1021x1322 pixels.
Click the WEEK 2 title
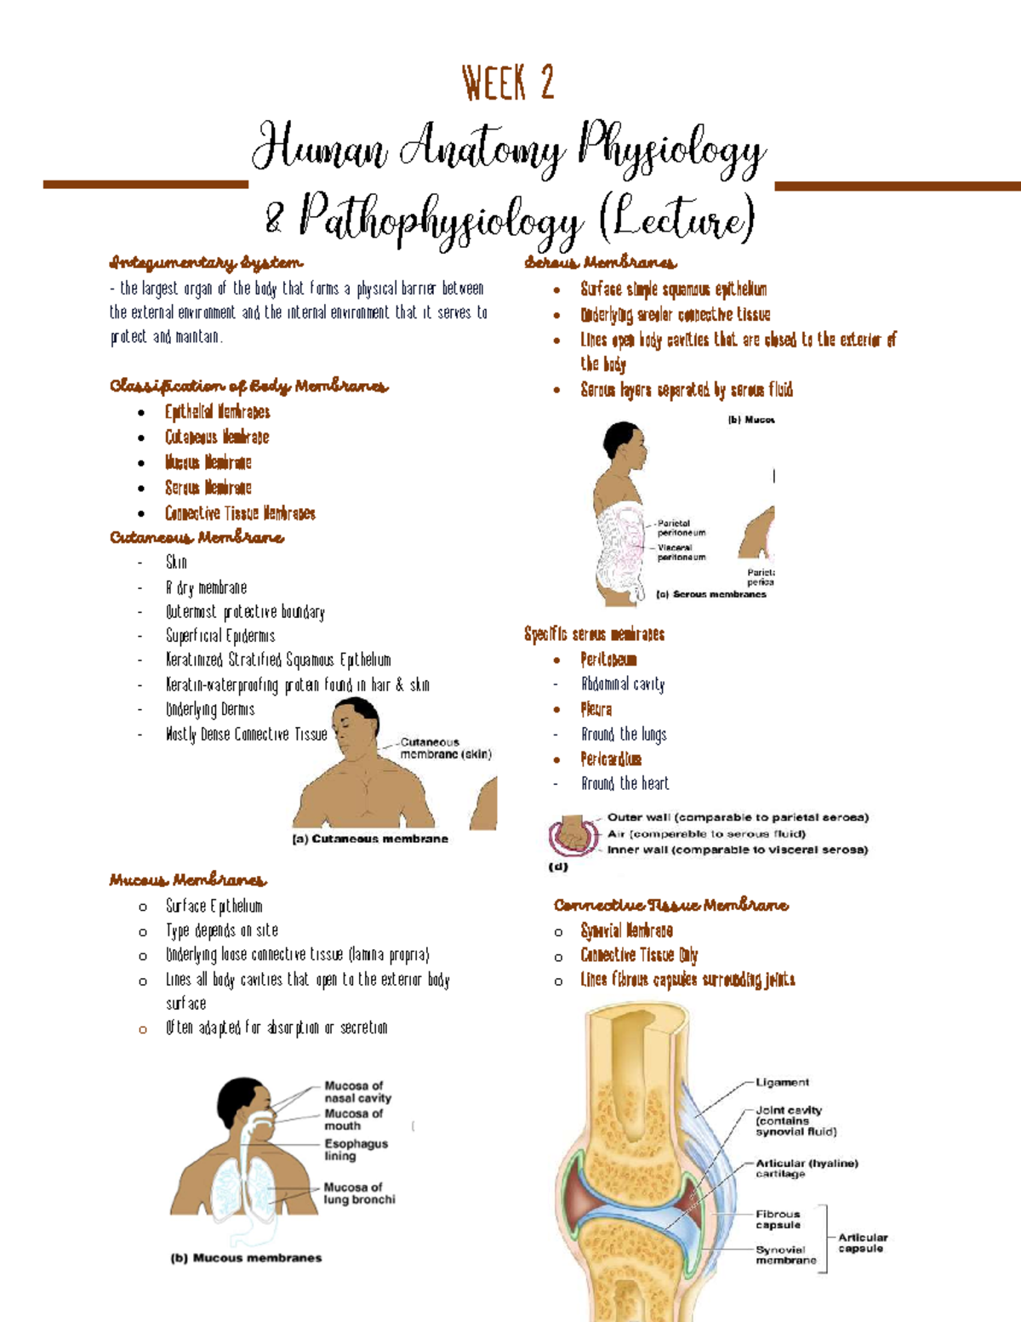point(508,83)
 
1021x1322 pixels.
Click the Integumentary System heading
point(206,262)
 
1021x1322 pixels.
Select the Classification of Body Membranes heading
point(248,386)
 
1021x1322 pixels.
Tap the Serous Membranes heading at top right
point(601,262)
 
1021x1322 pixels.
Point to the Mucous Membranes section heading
point(187,879)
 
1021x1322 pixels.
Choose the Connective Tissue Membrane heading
point(670,905)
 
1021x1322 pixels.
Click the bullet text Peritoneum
point(608,660)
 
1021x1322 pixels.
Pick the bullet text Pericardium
point(611,758)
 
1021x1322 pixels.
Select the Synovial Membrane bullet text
point(626,930)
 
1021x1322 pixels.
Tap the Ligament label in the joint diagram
point(782,1083)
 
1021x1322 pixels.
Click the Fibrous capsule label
point(778,1219)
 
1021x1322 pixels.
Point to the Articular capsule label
point(863,1243)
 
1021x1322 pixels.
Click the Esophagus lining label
point(356,1149)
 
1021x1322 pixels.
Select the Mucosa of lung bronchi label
point(359,1193)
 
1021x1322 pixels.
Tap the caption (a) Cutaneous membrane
point(370,839)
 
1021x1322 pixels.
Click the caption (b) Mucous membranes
point(246,1258)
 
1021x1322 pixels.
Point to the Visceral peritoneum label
point(681,552)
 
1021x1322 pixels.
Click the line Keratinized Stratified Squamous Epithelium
point(277,660)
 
